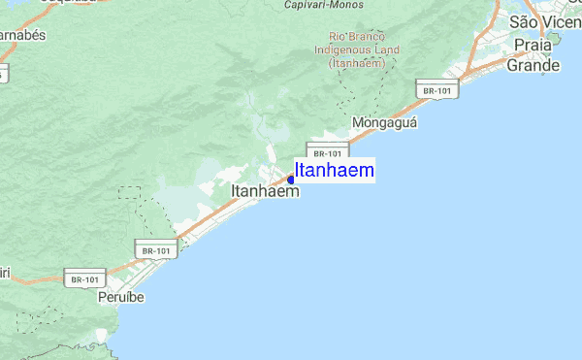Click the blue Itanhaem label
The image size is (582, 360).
tap(335, 171)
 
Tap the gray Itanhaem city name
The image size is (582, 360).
tap(265, 192)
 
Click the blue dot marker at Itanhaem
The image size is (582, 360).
tap(291, 180)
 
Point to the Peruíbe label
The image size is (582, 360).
tap(120, 297)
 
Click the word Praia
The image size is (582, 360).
tap(533, 46)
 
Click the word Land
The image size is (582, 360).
tap(386, 50)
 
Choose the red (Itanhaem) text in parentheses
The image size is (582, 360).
tap(357, 63)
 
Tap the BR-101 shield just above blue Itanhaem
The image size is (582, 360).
tap(327, 152)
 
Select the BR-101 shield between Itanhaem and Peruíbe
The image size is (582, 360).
tap(156, 249)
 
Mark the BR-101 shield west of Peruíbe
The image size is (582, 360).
tap(83, 278)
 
